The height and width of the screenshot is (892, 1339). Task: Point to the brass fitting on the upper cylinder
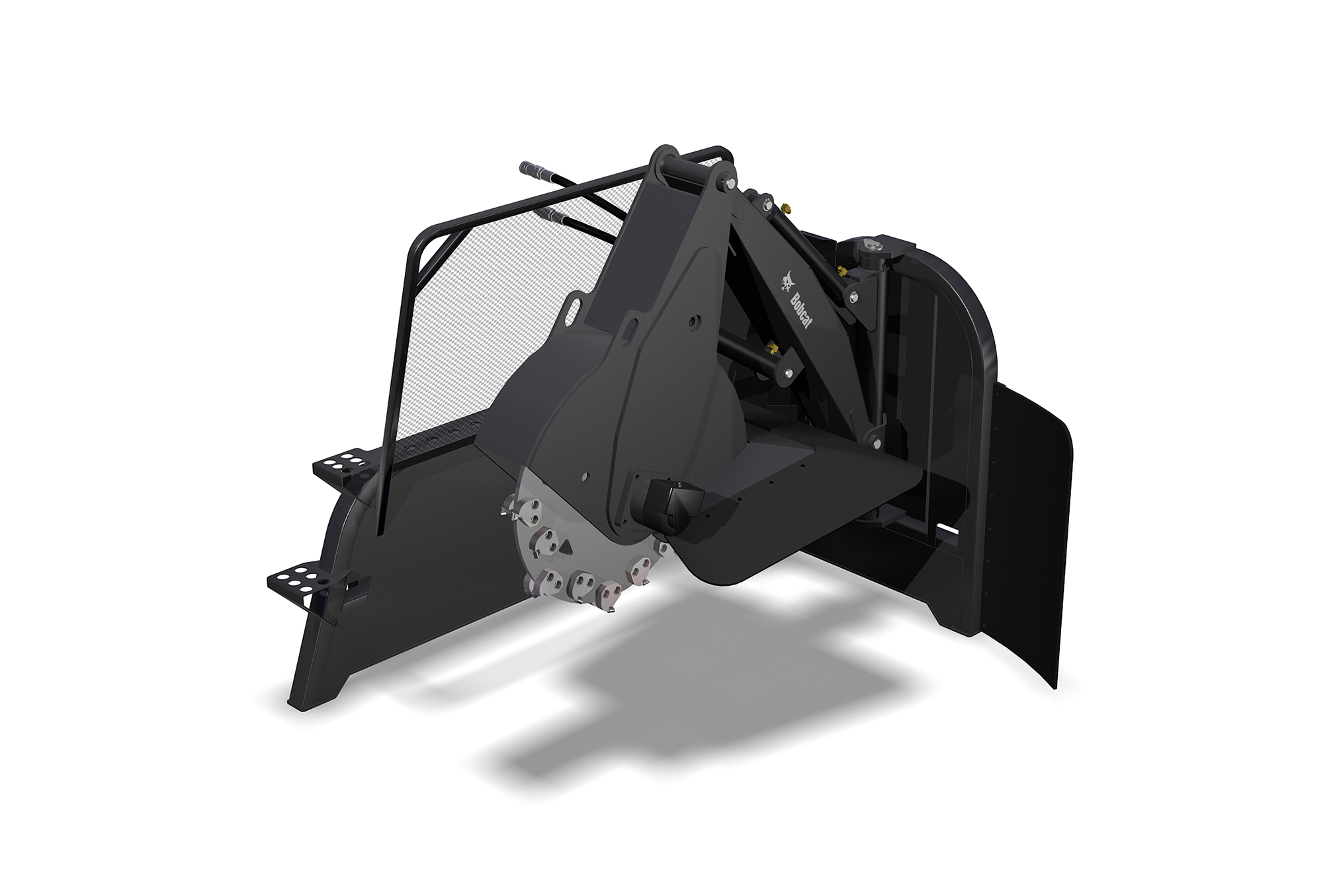click(785, 210)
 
